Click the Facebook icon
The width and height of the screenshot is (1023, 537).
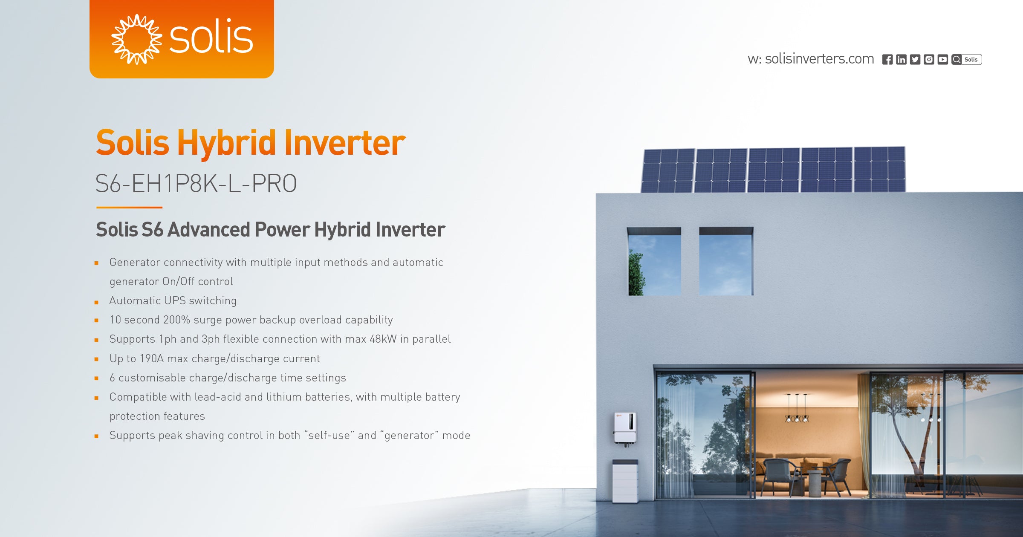point(887,60)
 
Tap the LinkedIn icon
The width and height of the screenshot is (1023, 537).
point(901,60)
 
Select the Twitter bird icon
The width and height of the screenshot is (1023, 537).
point(915,60)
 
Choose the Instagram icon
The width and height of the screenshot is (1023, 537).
point(929,60)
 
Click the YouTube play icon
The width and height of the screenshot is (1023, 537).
point(943,60)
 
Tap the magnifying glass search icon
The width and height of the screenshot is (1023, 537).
point(957,60)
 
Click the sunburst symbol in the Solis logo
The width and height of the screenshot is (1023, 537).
point(136,39)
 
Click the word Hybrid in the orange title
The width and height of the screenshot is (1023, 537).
point(226,143)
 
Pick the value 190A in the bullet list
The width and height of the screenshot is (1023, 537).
point(151,359)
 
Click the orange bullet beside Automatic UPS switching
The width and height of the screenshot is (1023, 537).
point(97,302)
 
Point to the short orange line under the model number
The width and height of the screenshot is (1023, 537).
point(129,208)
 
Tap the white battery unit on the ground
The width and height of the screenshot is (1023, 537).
point(625,481)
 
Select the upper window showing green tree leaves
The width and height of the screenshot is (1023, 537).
point(654,262)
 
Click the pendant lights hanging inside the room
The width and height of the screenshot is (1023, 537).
point(797,409)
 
